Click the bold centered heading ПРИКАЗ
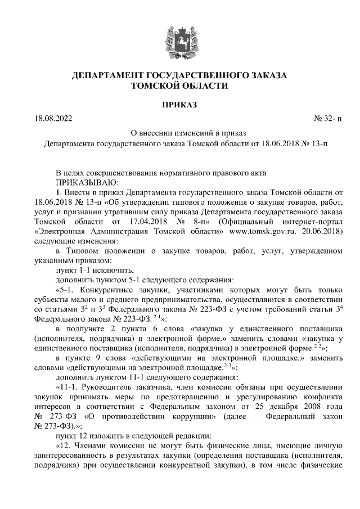tap(179, 104)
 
